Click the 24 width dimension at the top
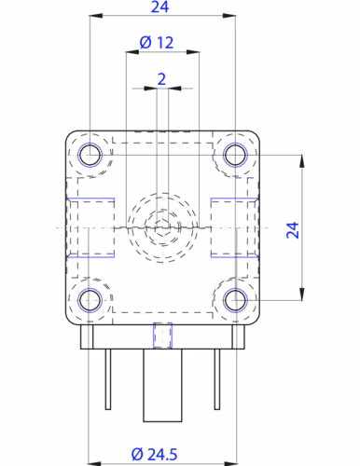[x=160, y=7]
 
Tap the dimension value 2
[x=161, y=79]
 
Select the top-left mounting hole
[x=90, y=155]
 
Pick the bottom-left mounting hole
[x=90, y=300]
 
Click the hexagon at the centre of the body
[x=161, y=226]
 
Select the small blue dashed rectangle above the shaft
[x=162, y=335]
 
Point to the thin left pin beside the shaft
[x=107, y=378]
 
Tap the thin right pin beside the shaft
[x=219, y=378]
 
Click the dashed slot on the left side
[x=90, y=227]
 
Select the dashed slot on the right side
[x=232, y=227]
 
